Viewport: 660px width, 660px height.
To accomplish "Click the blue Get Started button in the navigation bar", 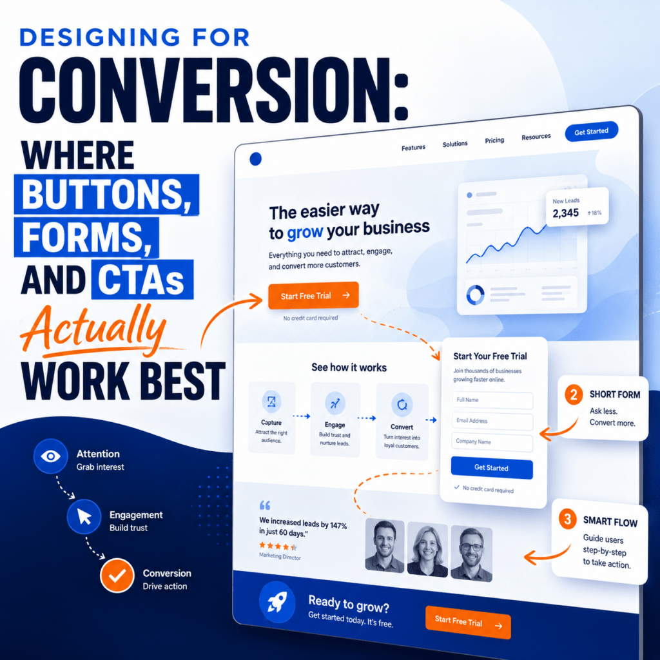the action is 591,131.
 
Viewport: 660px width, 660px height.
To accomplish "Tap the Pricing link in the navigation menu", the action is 494,140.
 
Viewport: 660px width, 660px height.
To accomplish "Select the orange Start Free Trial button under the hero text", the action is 314,295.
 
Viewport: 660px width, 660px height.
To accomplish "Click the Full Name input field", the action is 492,400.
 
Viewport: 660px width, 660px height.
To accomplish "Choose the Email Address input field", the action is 492,421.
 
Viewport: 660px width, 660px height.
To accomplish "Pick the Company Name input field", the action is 492,442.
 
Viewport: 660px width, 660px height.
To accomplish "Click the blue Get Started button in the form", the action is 492,468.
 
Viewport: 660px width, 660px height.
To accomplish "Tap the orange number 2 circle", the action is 573,395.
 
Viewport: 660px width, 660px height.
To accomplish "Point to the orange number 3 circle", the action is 567,519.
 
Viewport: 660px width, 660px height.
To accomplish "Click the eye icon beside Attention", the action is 50,456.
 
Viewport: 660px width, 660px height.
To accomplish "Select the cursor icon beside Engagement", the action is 84,516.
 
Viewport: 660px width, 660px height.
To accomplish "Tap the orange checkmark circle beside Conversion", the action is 117,575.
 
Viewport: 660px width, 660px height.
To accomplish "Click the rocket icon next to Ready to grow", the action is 277,603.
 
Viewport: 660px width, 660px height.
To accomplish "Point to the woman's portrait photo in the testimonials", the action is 427,549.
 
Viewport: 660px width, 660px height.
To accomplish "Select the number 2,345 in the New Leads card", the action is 566,213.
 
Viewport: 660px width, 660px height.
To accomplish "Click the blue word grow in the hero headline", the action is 305,232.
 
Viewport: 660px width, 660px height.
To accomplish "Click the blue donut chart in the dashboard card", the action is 475,295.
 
